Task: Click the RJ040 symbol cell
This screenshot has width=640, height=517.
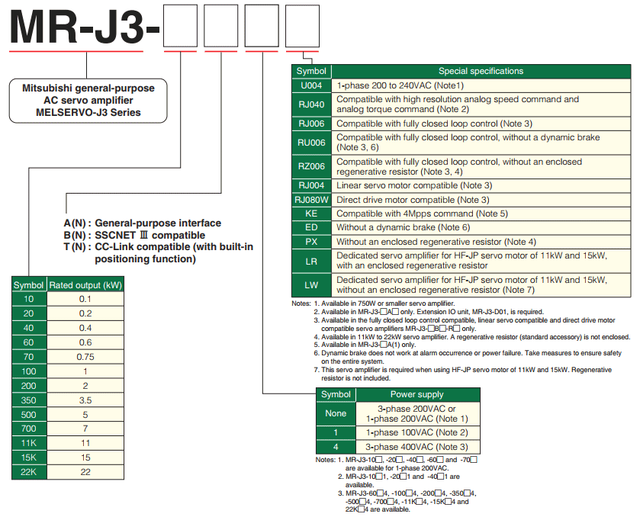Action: [x=311, y=104]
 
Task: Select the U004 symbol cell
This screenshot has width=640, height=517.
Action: [x=311, y=85]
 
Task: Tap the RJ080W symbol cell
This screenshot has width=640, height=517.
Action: [x=311, y=200]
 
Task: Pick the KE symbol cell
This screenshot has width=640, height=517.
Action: [x=311, y=214]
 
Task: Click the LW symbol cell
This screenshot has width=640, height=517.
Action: [x=311, y=284]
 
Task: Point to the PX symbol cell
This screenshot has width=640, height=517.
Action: [x=311, y=242]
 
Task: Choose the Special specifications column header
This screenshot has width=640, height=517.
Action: [x=481, y=71]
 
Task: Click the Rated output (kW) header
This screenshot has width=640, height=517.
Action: [x=85, y=285]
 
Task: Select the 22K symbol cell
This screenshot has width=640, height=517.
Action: [x=29, y=472]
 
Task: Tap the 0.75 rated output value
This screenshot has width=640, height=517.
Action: [x=85, y=356]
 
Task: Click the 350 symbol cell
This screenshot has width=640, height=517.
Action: [x=29, y=400]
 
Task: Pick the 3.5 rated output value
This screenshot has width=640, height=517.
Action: [x=85, y=400]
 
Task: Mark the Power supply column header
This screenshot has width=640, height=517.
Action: [x=416, y=394]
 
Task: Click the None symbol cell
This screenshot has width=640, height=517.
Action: [x=336, y=413]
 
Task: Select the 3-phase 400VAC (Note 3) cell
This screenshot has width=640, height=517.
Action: [x=416, y=446]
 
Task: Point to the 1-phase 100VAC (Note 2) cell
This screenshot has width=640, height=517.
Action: [x=416, y=432]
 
